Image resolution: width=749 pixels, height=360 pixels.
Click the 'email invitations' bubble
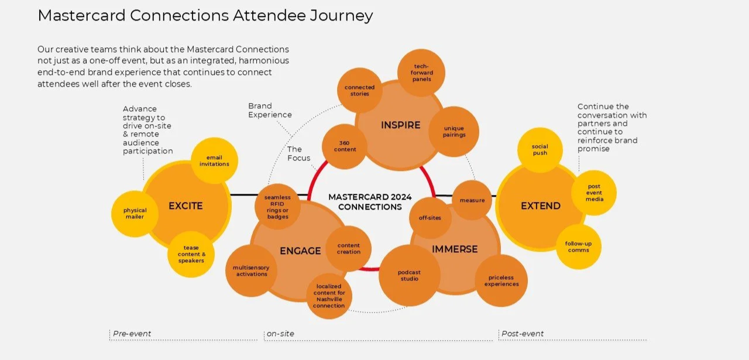point(214,160)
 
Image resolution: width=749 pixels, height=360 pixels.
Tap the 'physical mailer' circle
point(135,214)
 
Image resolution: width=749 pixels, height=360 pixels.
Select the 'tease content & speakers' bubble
point(191,254)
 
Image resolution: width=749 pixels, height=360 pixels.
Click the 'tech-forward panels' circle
point(421,73)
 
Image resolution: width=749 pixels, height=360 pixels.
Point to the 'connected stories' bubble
point(359,90)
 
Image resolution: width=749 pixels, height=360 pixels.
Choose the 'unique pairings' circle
point(454,132)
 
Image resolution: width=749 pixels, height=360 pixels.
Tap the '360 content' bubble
point(345,146)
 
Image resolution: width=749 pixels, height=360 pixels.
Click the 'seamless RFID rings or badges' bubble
point(277,207)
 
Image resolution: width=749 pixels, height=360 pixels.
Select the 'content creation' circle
point(349,249)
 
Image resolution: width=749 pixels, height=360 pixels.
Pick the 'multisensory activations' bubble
point(250,270)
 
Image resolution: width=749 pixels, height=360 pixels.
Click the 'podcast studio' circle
point(409,275)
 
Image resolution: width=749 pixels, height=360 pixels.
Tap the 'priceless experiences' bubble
point(501,280)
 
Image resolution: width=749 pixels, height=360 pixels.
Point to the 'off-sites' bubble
point(430,218)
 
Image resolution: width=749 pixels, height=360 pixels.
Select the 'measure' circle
point(472,200)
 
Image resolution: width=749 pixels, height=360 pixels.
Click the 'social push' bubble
point(540,150)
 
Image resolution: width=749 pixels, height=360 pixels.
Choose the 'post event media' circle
point(594,193)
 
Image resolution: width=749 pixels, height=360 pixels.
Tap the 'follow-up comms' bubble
point(578,246)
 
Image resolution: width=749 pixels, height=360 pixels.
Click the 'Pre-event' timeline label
point(132,334)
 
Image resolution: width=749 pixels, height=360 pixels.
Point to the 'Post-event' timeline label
point(523,334)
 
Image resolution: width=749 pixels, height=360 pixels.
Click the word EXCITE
point(185,205)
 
